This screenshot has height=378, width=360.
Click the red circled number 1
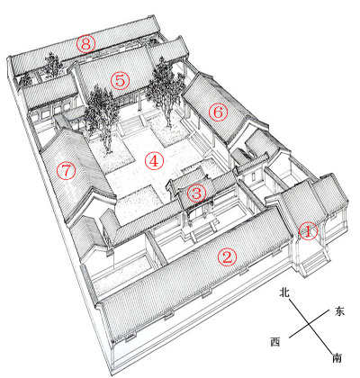coord(309,231)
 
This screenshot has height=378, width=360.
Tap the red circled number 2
coord(227,257)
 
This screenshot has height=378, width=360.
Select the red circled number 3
coord(197,193)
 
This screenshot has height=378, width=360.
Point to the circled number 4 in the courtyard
coord(154,161)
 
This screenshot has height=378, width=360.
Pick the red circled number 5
coord(120,81)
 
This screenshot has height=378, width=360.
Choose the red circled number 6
coord(218,112)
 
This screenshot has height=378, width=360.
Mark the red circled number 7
coord(67,171)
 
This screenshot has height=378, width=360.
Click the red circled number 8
coord(85,44)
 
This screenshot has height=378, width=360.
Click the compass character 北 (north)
coord(284,292)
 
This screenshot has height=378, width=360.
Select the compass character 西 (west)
coord(275,342)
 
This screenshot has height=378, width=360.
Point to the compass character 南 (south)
coord(337,358)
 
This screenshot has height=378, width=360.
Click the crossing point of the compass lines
coord(309,325)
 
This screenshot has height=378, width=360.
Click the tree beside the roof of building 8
coord(52,65)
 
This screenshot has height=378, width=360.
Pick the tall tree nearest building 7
coord(102,115)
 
